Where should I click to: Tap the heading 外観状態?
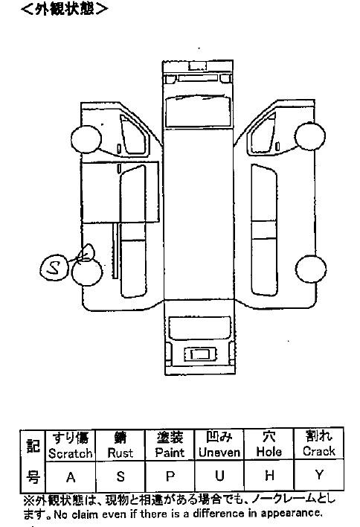coord(64,9)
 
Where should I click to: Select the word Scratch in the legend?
coord(70,453)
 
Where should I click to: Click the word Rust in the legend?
coord(120,453)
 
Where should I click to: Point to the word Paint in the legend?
coord(170,453)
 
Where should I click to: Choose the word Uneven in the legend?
coord(219,452)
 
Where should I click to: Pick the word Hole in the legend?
coord(269,451)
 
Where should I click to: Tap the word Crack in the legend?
coord(318,451)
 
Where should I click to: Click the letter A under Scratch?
coord(71,477)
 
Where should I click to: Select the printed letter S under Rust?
coord(120,476)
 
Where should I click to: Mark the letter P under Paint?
coord(170,476)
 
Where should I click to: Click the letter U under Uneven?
coord(219,476)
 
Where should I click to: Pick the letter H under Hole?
coord(269,475)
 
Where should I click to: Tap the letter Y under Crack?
coord(319,475)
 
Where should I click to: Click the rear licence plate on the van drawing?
coord(200,354)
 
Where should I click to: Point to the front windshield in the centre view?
coord(198,111)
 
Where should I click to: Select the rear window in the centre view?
coord(200,328)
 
